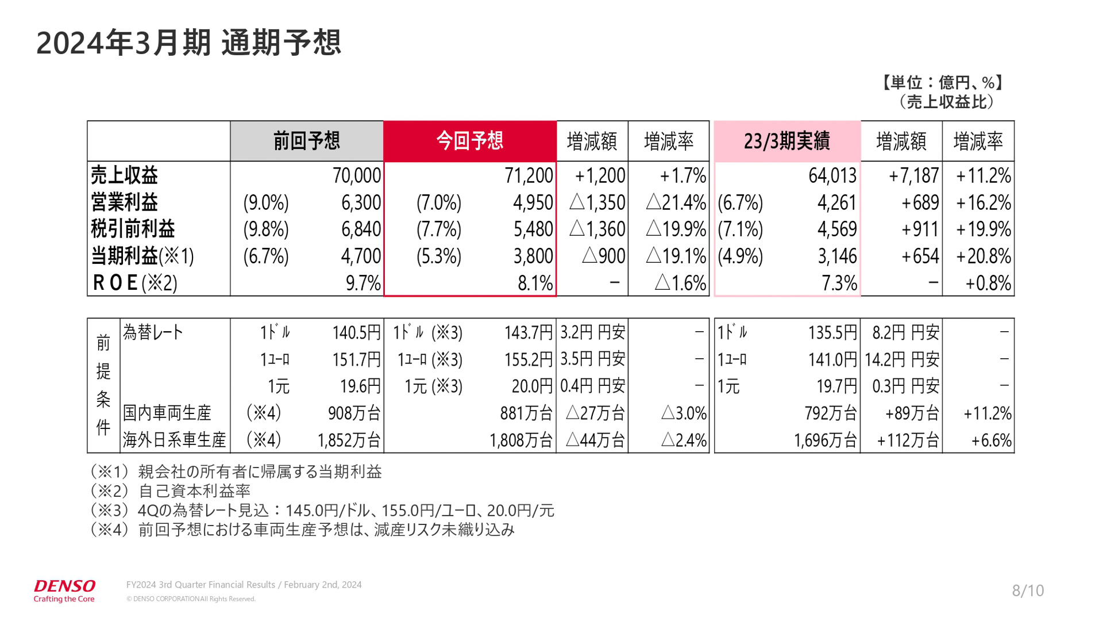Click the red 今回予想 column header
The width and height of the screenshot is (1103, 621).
[x=469, y=141]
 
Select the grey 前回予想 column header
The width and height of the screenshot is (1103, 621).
[x=306, y=141]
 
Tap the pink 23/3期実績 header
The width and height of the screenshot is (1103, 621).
[x=786, y=141]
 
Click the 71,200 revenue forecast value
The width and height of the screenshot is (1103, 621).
[x=529, y=175]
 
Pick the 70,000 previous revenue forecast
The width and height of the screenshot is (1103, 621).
[x=356, y=175]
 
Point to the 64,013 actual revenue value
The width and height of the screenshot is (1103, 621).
[x=832, y=175]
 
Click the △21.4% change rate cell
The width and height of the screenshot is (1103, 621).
[x=676, y=202]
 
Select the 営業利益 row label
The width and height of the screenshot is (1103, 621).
[x=125, y=202]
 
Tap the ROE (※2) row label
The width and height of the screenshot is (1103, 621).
[x=134, y=283]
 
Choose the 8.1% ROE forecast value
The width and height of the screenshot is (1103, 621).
[x=535, y=283]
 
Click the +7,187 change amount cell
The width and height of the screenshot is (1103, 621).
[x=913, y=175]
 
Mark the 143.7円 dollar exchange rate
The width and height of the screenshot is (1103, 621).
[x=528, y=332]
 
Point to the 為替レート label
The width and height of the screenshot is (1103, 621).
[x=153, y=332]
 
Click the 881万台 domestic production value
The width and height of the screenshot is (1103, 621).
[x=526, y=413]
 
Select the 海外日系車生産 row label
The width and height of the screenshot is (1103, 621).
[x=174, y=440]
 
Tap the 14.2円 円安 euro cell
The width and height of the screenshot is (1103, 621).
[x=901, y=359]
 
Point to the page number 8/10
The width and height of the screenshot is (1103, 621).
[x=1028, y=591]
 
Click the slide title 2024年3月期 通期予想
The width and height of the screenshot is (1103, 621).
[x=188, y=43]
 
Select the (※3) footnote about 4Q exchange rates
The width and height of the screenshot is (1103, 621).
[x=322, y=510]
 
